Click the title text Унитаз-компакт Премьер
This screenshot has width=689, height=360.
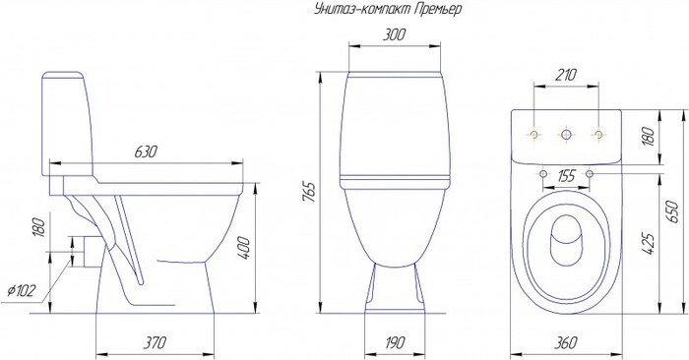(x=388, y=9)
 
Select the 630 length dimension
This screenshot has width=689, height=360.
(x=146, y=152)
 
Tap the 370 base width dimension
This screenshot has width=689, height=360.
(x=156, y=342)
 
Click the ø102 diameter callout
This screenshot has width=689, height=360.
(x=21, y=290)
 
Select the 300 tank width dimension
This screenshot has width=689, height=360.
(x=394, y=34)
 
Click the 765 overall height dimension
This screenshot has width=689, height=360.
(x=309, y=192)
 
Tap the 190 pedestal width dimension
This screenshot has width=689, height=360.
(x=394, y=342)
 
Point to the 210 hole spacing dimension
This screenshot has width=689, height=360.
(x=566, y=75)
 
